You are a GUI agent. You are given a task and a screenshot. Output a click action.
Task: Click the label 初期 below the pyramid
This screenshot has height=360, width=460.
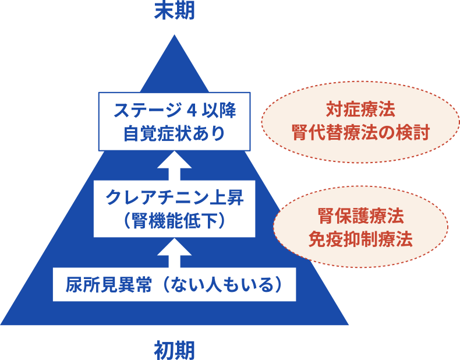coord(174,350)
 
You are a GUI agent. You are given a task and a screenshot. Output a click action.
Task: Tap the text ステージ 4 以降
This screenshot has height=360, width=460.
coord(174,110)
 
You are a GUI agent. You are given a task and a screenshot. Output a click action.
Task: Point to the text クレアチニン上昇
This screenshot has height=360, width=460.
coord(174,197)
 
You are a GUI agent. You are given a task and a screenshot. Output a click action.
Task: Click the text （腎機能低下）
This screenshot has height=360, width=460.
coord(174,221)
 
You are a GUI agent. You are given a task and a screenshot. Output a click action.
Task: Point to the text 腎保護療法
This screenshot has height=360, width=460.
coord(360,216)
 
